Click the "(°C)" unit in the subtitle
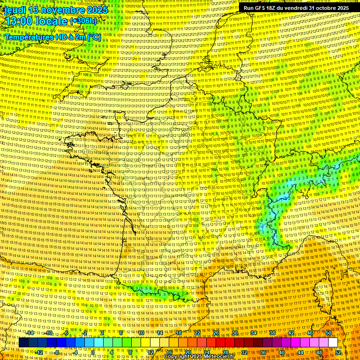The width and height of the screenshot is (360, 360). (93, 36)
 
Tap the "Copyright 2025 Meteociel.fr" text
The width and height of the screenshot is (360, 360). (199, 356)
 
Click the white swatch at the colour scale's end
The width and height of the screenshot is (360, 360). (333, 343)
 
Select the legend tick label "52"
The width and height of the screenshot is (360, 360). (338, 352)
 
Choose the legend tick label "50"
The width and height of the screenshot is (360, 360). (329, 333)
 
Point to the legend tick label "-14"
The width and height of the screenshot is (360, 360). (30, 333)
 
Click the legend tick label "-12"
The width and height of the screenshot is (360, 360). (39, 352)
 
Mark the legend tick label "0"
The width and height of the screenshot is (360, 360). (93, 352)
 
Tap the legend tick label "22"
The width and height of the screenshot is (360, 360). (197, 333)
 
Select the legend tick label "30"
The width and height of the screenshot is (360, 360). (235, 333)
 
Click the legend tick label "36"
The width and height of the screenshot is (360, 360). (263, 352)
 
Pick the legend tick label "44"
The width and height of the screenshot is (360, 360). (300, 352)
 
